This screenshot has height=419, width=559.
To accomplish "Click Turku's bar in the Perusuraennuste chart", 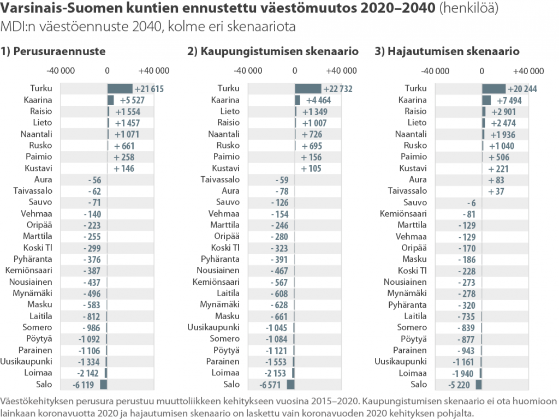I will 120,89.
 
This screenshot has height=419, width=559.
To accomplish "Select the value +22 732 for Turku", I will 337,89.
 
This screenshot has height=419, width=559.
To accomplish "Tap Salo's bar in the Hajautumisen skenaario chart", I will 479,385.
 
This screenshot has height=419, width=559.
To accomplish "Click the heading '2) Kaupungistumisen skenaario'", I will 273,52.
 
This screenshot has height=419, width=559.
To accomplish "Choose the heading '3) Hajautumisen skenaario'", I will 447,52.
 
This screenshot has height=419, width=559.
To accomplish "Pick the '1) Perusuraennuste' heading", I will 53,52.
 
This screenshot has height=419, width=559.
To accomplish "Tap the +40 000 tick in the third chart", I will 529,71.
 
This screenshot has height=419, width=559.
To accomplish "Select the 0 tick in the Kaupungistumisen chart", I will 295,71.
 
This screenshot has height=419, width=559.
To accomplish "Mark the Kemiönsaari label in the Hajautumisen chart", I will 403,214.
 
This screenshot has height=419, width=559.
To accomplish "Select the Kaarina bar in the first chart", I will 110,100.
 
